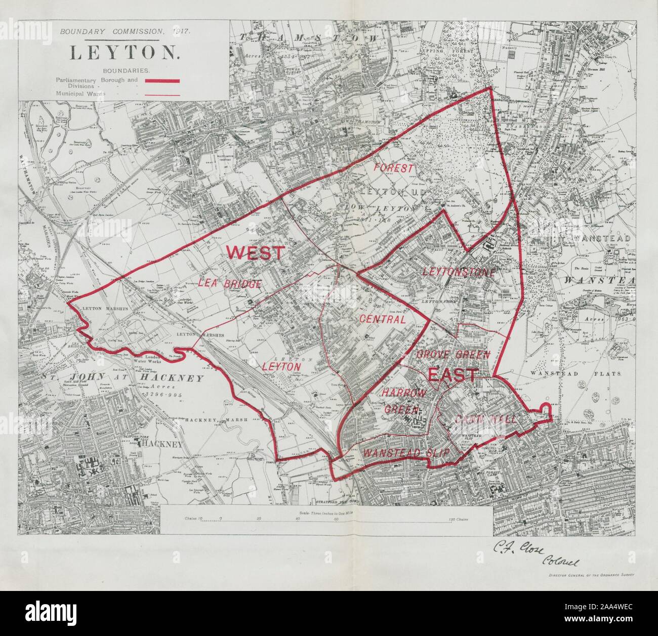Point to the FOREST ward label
[x=394, y=168]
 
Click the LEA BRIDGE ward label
[x=230, y=284]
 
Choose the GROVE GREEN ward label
[x=453, y=355]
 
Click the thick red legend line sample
[x=163, y=80]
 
